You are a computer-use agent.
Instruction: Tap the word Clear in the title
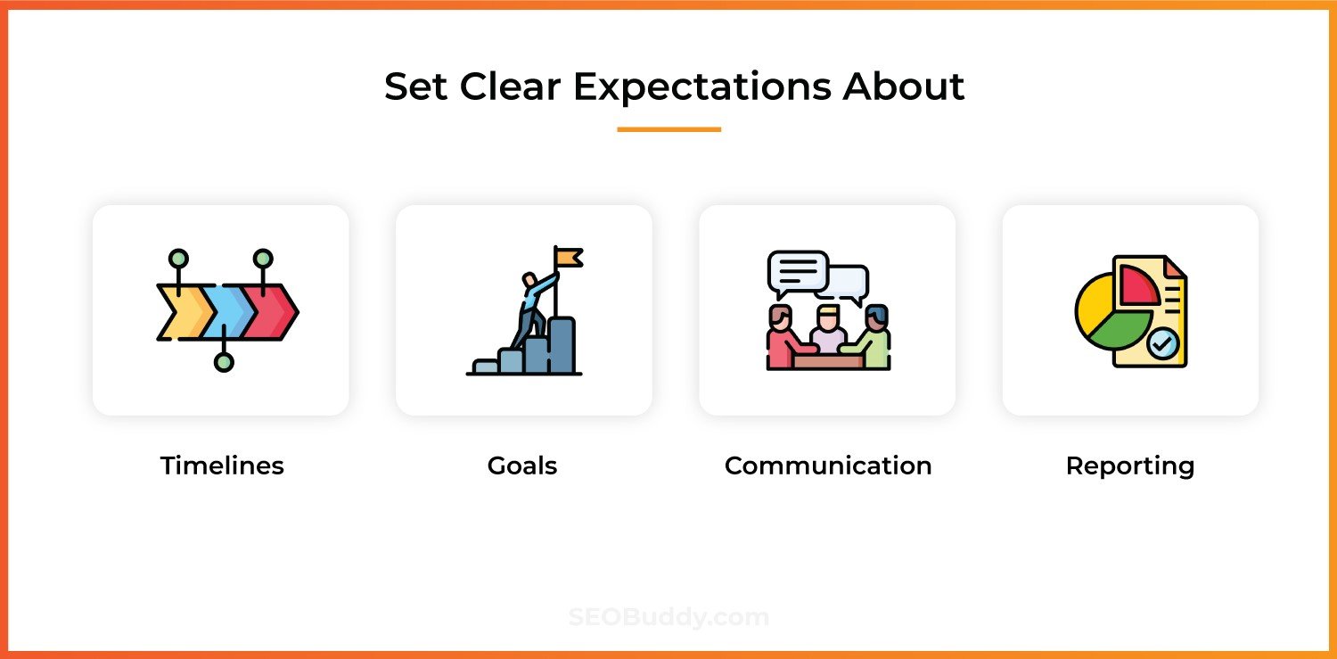[511, 86]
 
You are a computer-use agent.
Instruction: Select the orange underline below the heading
[668, 129]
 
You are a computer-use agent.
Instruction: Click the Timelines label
[222, 465]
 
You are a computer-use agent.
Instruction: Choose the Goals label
[522, 465]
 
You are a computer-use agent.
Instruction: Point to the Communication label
[828, 465]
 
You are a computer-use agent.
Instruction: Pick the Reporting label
[1130, 466]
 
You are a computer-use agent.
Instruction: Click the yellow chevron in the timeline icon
[184, 312]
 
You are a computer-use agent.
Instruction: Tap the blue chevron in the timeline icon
[226, 312]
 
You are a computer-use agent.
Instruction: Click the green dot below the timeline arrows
[224, 362]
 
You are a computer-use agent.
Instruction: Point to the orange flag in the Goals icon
[569, 258]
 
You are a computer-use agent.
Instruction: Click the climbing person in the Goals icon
[534, 310]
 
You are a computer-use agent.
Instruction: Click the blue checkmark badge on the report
[1162, 343]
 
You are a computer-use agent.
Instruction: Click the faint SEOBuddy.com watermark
[668, 616]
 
